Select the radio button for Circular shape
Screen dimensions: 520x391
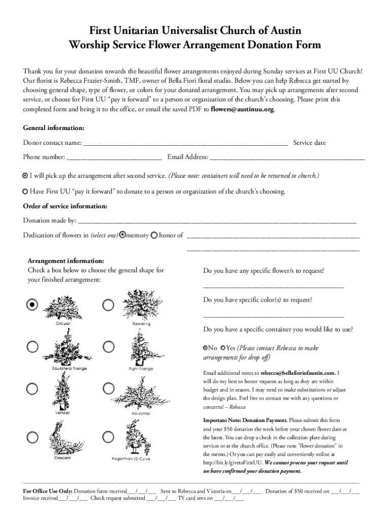pyautogui.click(x=32, y=304)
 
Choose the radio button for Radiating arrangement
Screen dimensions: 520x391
pyautogui.click(x=108, y=305)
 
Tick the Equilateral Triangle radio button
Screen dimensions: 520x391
pyautogui.click(x=32, y=347)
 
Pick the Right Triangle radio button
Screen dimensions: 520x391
pyautogui.click(x=108, y=347)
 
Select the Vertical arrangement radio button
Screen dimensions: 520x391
pyautogui.click(x=32, y=388)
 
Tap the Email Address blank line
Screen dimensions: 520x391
pyautogui.click(x=287, y=157)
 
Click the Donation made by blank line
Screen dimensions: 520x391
pyautogui.click(x=217, y=221)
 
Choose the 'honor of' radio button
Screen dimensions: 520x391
pyautogui.click(x=154, y=235)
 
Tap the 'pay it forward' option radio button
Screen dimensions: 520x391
pyautogui.click(x=25, y=192)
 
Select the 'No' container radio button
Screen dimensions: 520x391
pyautogui.click(x=205, y=348)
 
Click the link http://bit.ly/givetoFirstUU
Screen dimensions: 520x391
pyautogui.click(x=233, y=463)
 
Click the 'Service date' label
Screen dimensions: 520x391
pyautogui.click(x=309, y=143)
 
